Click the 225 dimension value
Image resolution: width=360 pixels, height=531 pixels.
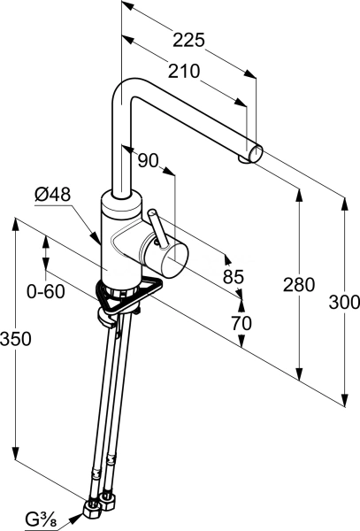(188, 40)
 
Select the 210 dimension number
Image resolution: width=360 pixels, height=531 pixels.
(184, 71)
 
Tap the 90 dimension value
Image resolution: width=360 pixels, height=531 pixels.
(149, 160)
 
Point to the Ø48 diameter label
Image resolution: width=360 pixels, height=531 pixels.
(52, 195)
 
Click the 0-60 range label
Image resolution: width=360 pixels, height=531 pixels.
(46, 291)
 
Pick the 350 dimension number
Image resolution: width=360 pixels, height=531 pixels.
(16, 339)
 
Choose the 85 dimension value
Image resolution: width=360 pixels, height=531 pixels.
(234, 277)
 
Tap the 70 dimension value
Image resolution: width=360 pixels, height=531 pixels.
(241, 323)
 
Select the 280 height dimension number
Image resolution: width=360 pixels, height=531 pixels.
(299, 284)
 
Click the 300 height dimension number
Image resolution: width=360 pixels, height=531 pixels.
(344, 302)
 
